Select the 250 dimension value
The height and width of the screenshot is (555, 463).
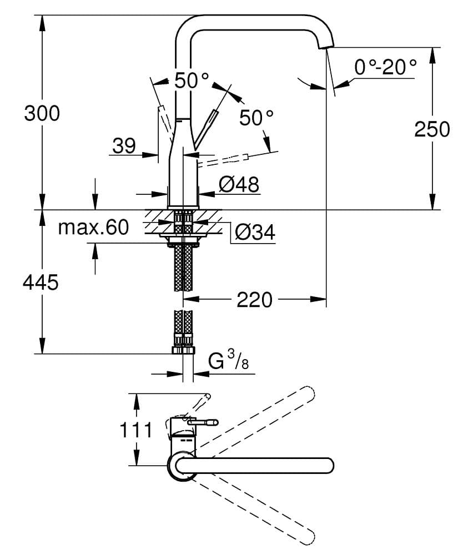point(432,129)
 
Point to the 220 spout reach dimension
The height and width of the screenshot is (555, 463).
point(255,300)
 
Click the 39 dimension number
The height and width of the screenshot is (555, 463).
point(124,146)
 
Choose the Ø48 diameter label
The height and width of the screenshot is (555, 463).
point(239,184)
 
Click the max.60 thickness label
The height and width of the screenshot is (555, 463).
point(93,227)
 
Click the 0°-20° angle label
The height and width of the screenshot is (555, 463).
point(385,67)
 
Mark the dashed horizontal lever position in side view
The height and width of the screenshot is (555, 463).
point(222,160)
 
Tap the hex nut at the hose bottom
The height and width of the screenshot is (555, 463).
point(184,350)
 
